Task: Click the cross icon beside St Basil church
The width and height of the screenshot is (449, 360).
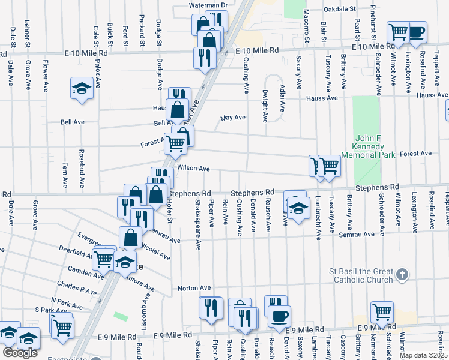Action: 403,275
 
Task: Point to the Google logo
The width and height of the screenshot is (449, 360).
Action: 20,353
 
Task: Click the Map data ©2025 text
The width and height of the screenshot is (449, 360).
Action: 424,355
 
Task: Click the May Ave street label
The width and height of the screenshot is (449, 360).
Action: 234,118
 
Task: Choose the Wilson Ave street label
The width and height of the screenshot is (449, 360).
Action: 193,169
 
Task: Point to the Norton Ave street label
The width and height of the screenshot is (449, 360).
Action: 194,288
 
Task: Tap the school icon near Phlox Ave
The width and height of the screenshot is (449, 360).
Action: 81,88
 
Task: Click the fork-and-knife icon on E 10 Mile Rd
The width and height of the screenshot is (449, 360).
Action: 204,56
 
